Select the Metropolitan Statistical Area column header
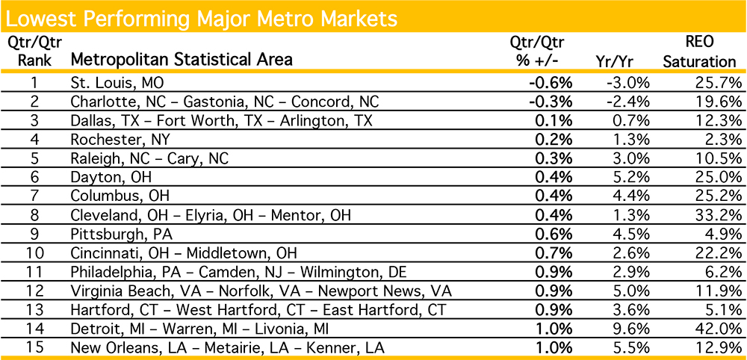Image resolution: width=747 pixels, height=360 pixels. coord(182,59)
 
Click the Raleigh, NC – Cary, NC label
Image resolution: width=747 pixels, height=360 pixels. coord(149,158)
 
